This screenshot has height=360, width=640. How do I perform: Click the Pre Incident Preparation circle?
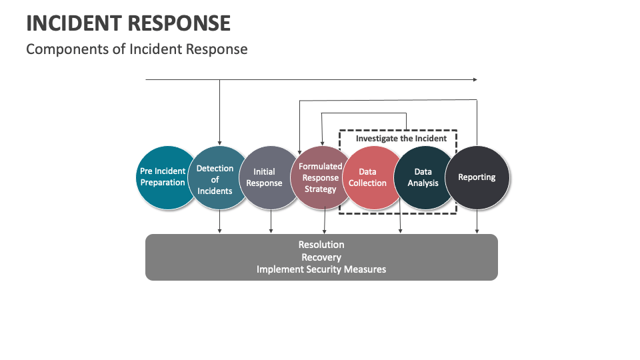tap(163, 177)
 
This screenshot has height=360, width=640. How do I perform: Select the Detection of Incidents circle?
tap(215, 179)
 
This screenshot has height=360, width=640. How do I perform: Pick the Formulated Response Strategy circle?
tap(321, 177)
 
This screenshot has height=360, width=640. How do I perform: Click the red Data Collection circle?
tap(368, 177)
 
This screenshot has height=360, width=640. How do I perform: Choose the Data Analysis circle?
tap(423, 177)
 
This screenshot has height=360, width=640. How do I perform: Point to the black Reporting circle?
tap(477, 177)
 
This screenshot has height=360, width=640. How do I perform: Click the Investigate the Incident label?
tap(401, 139)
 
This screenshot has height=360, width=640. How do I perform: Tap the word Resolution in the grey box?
tap(321, 245)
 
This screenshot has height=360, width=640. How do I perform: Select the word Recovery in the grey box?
tap(321, 257)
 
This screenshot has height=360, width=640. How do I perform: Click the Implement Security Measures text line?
tap(321, 269)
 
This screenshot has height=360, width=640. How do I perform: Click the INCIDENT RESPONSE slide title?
tap(128, 23)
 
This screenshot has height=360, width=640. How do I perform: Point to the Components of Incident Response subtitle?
tap(137, 49)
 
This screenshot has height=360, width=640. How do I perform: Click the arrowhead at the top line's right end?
tap(475, 79)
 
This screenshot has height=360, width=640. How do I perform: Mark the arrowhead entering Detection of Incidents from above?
tap(219, 143)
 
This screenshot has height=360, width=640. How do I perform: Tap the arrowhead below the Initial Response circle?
tap(271, 231)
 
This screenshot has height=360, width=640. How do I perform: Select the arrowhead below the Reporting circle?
tap(477, 231)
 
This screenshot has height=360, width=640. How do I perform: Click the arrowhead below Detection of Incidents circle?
tap(219, 231)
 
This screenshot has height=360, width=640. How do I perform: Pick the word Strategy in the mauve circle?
tap(321, 189)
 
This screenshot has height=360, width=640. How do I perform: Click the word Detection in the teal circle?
tap(215, 169)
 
